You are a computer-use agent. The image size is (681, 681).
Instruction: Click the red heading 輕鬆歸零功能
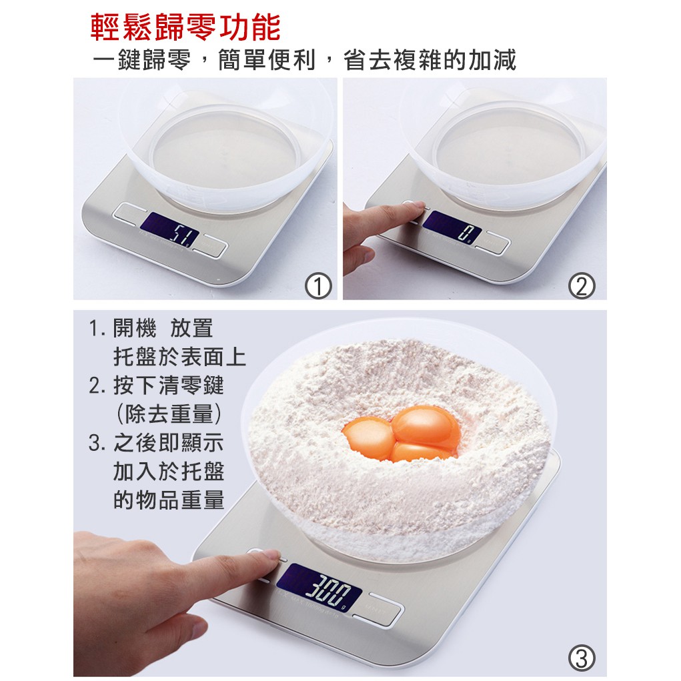click(185, 27)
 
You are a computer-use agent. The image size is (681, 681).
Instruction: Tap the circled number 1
click(318, 285)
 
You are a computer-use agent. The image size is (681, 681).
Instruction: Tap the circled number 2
click(582, 285)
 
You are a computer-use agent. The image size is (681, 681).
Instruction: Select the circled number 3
click(581, 658)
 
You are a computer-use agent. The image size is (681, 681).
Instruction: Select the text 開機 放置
click(163, 328)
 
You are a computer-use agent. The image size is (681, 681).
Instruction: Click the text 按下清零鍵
click(169, 386)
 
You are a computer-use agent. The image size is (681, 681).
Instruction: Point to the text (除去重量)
click(169, 414)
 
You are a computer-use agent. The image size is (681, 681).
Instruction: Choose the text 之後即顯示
click(169, 443)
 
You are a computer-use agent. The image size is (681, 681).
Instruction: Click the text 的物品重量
click(169, 500)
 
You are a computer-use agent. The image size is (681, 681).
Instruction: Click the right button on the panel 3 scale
click(378, 608)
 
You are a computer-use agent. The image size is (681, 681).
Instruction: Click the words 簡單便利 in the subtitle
click(266, 60)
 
